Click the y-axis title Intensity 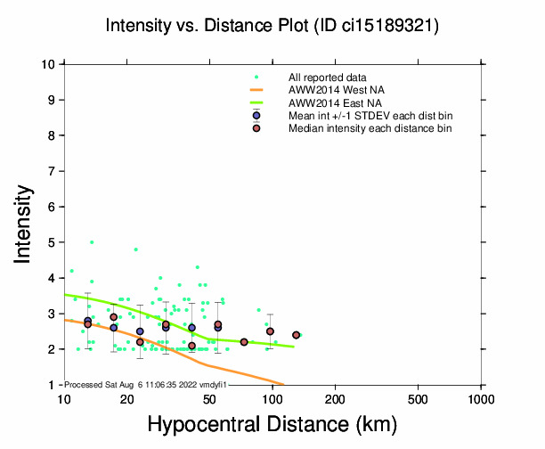[x=25, y=224]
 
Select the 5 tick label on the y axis [x=53, y=242]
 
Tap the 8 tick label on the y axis [x=53, y=135]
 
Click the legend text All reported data [x=328, y=78]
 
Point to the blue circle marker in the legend [x=256, y=116]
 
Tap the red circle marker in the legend [x=256, y=128]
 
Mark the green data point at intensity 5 [x=92, y=242]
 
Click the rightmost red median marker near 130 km [x=296, y=335]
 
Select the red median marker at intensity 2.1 [x=191, y=346]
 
